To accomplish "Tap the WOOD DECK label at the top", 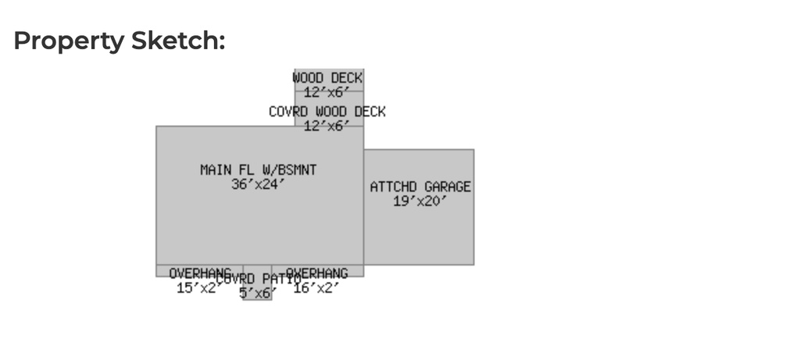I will point(328,78).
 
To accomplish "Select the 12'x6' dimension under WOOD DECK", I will point(327,92).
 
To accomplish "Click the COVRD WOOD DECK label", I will point(327,112).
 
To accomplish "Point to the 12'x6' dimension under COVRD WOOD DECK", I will point(327,126).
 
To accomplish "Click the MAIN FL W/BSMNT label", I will point(259,169).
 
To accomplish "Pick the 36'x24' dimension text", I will point(259,184).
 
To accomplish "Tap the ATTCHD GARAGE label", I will point(420,187).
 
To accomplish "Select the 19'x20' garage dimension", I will point(420,201).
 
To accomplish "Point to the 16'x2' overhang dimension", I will point(316,288).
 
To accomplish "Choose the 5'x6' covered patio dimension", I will point(258,293).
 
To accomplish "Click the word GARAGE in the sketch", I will point(448,187).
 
